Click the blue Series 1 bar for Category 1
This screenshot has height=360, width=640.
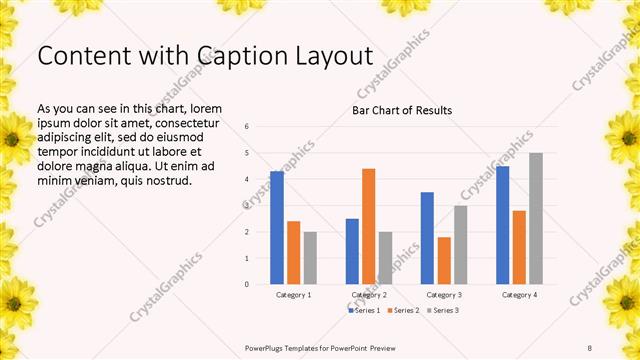coord(277,228)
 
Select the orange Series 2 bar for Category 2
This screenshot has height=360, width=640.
coord(369,226)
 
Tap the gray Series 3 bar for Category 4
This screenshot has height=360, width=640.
coord(536,218)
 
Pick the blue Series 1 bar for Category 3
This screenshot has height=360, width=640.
coord(427,238)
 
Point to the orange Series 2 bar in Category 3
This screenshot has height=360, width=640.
coord(444,260)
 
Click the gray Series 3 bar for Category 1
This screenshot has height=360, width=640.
coord(310,258)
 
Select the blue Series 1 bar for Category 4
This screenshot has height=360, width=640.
coord(503,225)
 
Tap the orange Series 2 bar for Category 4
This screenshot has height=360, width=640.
coord(519,247)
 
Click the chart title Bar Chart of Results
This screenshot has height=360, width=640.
coord(402,110)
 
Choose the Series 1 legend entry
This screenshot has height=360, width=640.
coord(365,311)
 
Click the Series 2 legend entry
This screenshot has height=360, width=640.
coord(403,311)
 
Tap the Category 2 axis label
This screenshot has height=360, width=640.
coord(369,295)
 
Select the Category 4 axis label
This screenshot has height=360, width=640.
coord(519,295)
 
